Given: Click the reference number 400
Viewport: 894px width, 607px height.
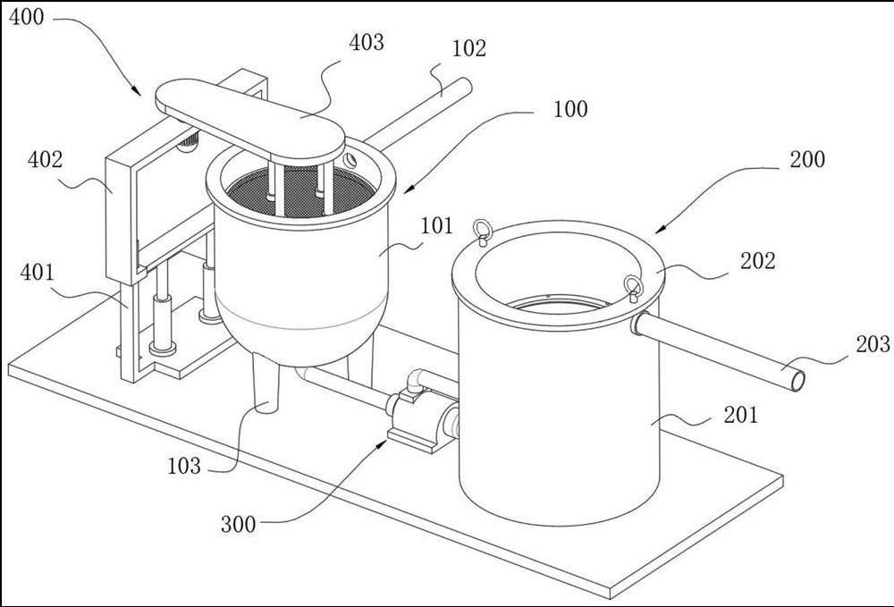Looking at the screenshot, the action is [x=28, y=17].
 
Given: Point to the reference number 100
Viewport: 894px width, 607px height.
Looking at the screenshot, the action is [x=570, y=110].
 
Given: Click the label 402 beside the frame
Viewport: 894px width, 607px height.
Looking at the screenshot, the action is [x=46, y=161].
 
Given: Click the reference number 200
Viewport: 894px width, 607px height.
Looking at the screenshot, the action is [x=807, y=160].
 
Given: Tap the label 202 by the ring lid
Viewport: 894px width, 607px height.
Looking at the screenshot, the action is [x=758, y=261].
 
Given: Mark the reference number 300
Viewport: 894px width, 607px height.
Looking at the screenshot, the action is [x=238, y=525].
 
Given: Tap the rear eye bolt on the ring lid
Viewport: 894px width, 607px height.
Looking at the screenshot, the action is [x=483, y=231].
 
